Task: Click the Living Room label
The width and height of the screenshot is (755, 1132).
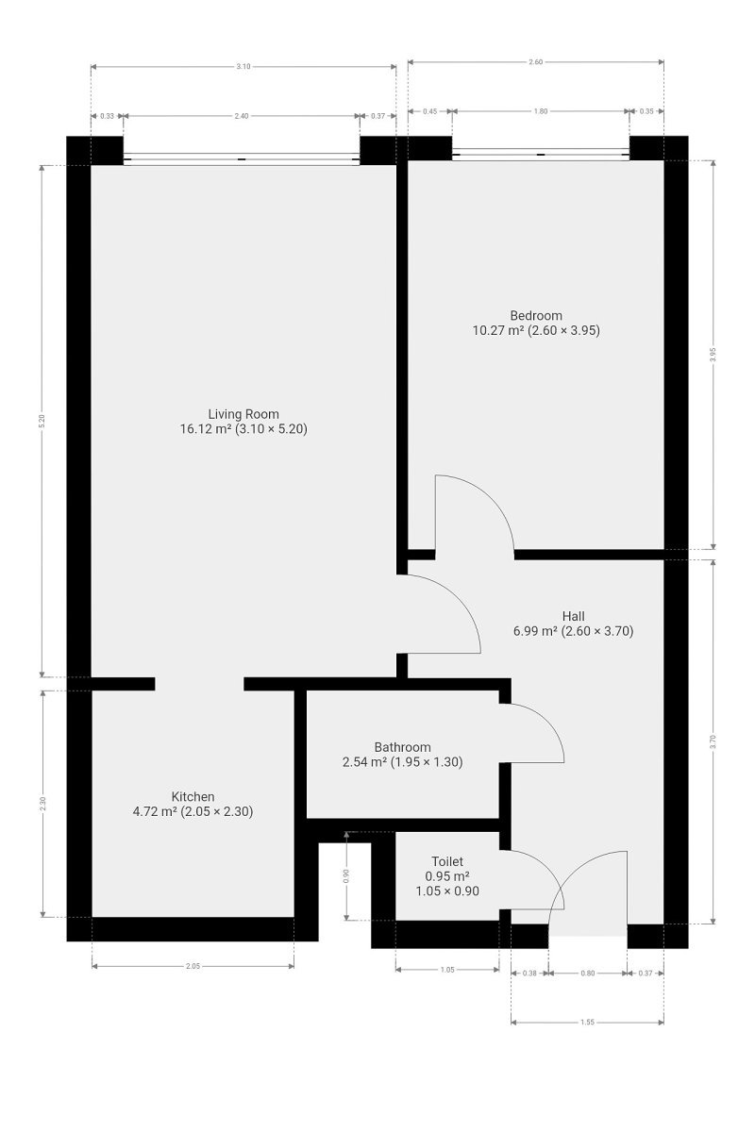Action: tap(243, 414)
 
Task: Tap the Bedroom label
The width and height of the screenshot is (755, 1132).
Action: tap(536, 316)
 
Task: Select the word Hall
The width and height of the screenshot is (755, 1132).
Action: tap(574, 617)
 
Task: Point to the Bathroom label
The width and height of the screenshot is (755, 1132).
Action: tap(403, 747)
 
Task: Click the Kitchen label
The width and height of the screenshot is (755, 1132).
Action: tap(193, 797)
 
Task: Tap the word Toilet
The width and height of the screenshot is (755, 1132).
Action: tap(447, 861)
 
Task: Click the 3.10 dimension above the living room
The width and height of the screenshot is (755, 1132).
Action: tap(243, 66)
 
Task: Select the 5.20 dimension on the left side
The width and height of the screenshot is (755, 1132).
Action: tap(42, 421)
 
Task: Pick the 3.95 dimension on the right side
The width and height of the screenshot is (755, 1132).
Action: tap(713, 355)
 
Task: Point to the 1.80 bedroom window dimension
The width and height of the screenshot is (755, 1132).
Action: tap(541, 111)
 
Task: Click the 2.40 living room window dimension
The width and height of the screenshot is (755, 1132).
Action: tap(242, 116)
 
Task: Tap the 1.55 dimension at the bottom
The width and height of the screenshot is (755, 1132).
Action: tap(587, 1023)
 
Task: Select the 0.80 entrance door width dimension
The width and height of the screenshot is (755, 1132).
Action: tap(588, 973)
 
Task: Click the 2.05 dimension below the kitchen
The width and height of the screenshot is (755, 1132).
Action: tap(193, 966)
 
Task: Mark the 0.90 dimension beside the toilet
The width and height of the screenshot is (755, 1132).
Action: tap(346, 876)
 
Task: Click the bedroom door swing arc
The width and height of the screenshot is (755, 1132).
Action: tap(491, 496)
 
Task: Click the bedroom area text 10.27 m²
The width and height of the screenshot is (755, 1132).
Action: tap(497, 330)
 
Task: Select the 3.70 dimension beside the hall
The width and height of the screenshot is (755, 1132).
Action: tap(713, 741)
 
